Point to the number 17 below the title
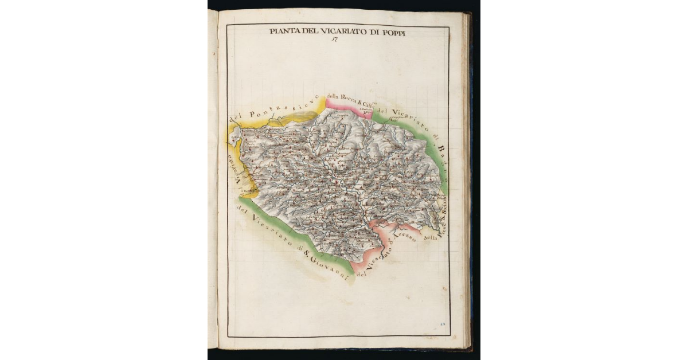334,40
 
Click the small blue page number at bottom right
443,325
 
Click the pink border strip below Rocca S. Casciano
347,108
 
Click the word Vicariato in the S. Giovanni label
266,229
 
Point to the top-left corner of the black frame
227,25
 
